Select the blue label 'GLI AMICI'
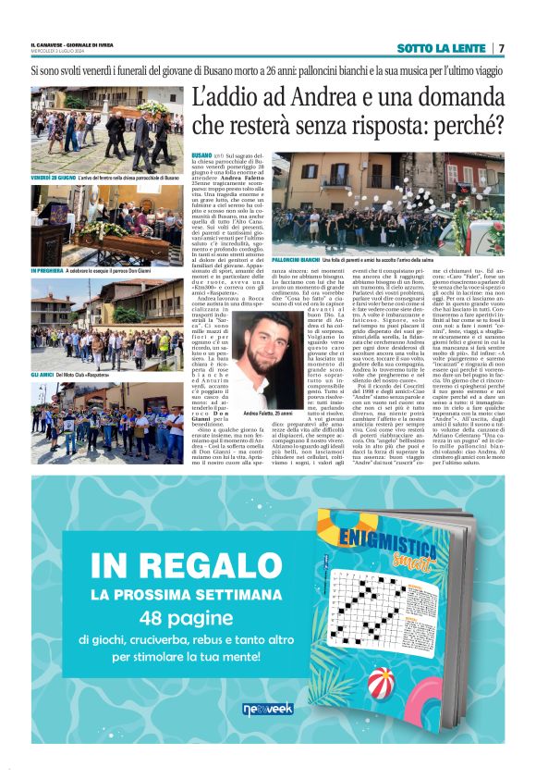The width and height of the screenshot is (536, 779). (44, 374)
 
